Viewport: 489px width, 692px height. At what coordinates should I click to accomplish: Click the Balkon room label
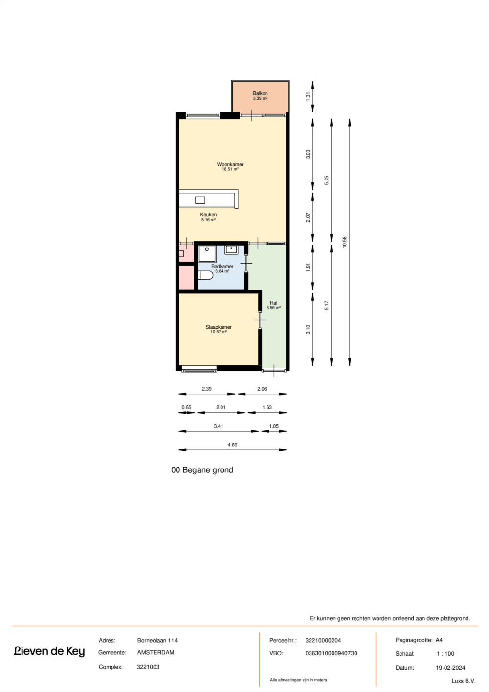[x=260, y=93]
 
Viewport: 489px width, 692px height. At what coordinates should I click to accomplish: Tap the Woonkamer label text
[x=230, y=165]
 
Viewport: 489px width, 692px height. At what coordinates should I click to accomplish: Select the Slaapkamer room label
[x=219, y=327]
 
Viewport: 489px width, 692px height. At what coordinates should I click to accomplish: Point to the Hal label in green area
[x=273, y=303]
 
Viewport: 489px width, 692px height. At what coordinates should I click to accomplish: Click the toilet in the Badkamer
[x=205, y=275]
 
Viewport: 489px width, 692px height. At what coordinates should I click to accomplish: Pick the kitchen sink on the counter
[x=200, y=200]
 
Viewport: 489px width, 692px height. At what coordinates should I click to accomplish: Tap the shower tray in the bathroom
[x=207, y=254]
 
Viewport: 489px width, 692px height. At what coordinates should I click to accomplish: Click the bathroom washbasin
[x=231, y=250]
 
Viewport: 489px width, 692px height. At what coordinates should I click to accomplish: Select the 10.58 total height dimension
[x=345, y=242]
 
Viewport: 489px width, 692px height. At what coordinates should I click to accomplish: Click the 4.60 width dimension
[x=232, y=445]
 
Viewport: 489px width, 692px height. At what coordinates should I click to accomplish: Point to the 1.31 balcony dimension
[x=308, y=96]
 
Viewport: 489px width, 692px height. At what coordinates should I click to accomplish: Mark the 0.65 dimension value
[x=186, y=407]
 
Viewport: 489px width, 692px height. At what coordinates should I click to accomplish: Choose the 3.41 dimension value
[x=219, y=426]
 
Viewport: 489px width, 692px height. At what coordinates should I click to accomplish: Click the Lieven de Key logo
[x=49, y=651]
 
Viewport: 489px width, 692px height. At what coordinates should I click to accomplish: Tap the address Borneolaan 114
[x=157, y=640]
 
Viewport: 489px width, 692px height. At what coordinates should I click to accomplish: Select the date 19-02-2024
[x=450, y=668]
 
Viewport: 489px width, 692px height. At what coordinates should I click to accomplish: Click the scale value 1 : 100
[x=445, y=654]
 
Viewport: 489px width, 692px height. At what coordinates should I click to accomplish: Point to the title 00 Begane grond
[x=202, y=470]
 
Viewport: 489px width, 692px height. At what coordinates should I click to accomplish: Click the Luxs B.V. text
[x=463, y=681]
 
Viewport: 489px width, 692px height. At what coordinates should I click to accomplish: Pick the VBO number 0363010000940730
[x=331, y=653]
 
